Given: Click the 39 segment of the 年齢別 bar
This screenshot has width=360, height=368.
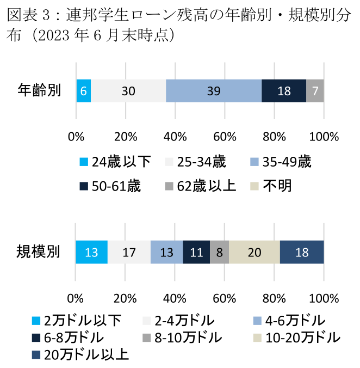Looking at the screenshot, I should pos(214,91).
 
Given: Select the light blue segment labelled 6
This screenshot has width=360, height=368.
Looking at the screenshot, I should pos(83,91).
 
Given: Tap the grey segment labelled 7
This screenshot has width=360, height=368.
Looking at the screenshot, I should pos(315,91).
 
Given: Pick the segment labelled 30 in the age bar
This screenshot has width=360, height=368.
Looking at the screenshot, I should pos(128,91).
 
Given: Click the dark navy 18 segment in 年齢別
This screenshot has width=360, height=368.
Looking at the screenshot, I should pos(284,91).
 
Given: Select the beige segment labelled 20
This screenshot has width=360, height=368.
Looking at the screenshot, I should pos(255,253).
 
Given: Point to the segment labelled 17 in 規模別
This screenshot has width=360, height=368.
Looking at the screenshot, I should pos(129,253).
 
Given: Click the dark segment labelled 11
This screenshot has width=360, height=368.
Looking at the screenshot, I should pos(196,253).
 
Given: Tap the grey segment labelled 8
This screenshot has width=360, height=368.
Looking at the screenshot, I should pos(219,253).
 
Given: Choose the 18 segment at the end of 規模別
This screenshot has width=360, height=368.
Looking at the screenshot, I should pos(302,253).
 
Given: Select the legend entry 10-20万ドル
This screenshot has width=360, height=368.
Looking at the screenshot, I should pos(296,338).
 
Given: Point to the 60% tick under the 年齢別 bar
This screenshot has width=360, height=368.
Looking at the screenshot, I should pos(225,136).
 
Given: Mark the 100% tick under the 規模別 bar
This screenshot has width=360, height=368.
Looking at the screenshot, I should pos(324,297).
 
